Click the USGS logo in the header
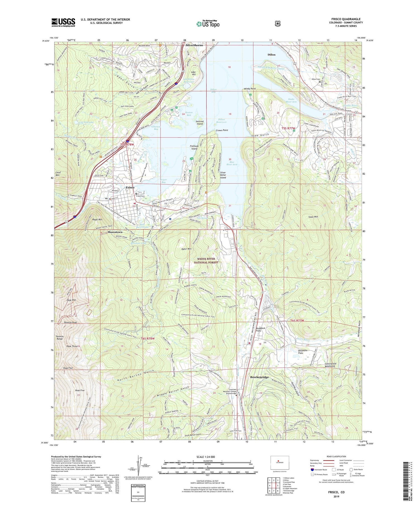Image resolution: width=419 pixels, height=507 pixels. point(63,22)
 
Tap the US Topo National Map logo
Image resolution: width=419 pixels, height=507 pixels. point(208,24)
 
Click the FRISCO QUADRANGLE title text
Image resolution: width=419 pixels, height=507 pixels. point(346,19)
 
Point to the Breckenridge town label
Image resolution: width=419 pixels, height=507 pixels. point(259,377)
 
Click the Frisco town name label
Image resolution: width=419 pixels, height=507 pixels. point(130,187)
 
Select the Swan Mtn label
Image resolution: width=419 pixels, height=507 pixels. point(313,217)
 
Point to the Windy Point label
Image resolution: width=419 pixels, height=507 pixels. point(250,89)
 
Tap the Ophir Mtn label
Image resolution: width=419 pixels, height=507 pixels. point(186,249)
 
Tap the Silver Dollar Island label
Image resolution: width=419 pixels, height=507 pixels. point(223,175)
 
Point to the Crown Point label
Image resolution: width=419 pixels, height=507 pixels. point(222,130)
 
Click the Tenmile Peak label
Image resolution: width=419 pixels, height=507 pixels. point(66,322)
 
